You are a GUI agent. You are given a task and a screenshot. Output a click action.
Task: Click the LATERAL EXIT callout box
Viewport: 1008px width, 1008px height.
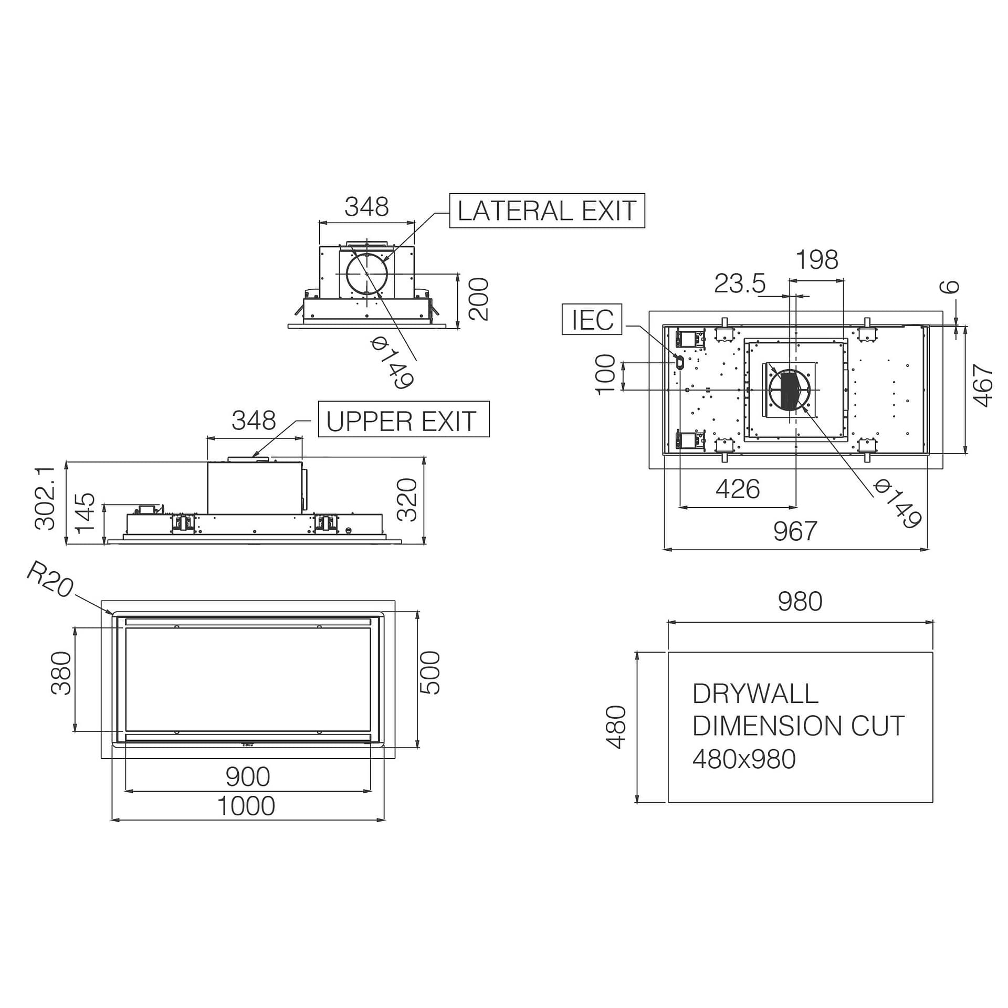547,211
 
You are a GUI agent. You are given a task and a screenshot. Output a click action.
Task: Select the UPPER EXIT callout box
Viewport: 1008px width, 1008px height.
404,419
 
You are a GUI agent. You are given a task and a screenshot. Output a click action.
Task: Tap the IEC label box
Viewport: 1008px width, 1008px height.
592,319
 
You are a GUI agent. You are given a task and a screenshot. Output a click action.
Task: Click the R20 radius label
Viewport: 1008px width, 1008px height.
50,579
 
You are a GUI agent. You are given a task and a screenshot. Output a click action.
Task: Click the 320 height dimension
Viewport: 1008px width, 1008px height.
407,499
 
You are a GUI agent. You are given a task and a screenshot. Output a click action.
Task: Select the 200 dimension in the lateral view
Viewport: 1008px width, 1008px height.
478,299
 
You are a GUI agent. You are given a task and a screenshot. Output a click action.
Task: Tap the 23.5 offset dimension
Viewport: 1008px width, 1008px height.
740,283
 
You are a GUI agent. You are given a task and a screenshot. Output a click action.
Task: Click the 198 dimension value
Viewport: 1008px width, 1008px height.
817,260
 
